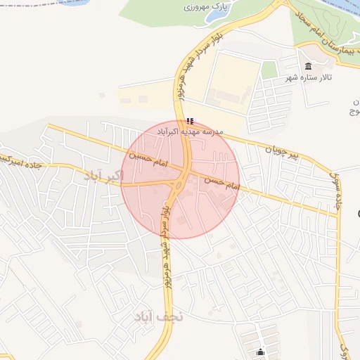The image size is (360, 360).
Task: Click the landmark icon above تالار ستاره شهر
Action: (x=308, y=67)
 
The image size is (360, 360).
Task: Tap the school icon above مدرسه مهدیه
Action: (x=191, y=120)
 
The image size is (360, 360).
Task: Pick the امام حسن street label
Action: (x=221, y=184)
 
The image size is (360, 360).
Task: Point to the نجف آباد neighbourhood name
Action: (x=158, y=316)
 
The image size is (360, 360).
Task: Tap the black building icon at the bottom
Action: (x=261, y=352)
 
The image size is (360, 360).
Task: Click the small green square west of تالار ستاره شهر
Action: (x=269, y=70)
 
